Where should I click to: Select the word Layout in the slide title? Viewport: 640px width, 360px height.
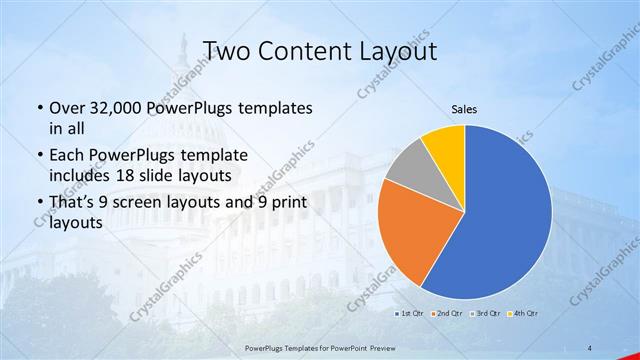click(401, 51)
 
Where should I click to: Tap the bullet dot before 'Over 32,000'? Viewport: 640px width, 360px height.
click(38, 108)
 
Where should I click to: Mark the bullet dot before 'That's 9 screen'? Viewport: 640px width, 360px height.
click(38, 204)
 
